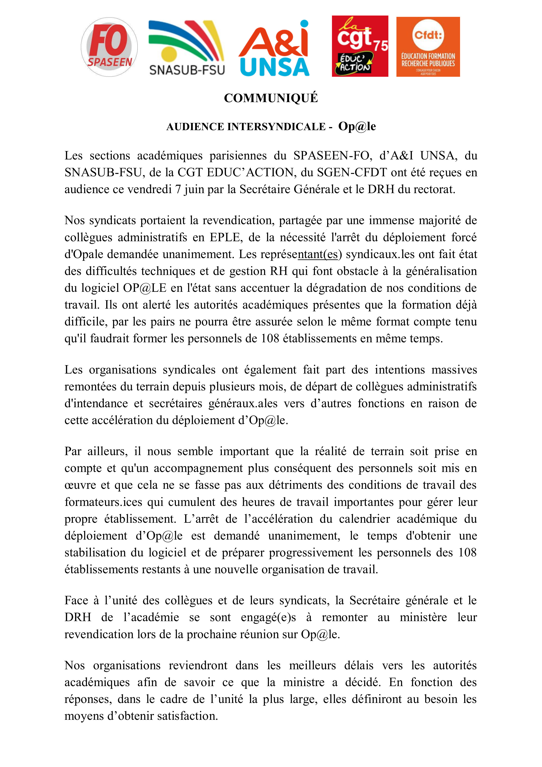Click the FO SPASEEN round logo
(109, 47)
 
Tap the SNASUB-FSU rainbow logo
(187, 47)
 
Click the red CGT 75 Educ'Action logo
(360, 46)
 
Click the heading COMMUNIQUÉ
(271, 98)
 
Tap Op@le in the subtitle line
(357, 126)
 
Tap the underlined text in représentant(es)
(318, 255)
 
